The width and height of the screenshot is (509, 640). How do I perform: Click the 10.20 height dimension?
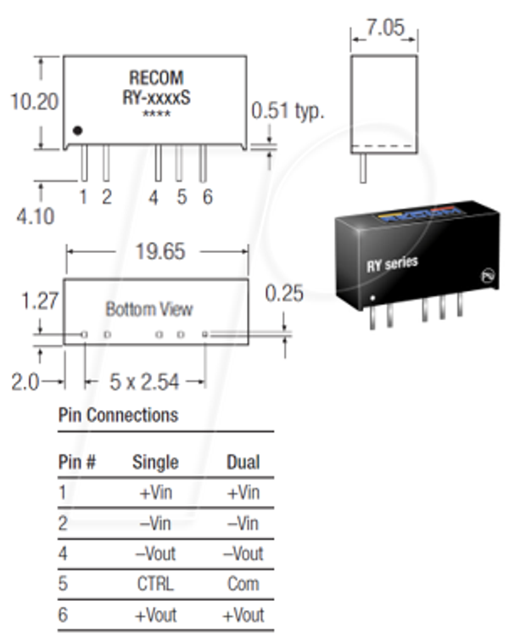pyautogui.click(x=34, y=101)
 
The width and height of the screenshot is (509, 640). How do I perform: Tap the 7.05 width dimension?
pyautogui.click(x=385, y=27)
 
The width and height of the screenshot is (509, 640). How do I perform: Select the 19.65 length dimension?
pyautogui.click(x=160, y=251)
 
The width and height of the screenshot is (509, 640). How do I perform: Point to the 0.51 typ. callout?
pyautogui.click(x=288, y=110)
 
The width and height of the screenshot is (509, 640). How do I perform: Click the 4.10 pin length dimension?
pyautogui.click(x=36, y=216)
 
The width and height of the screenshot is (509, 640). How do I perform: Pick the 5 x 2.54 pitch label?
pyautogui.click(x=144, y=382)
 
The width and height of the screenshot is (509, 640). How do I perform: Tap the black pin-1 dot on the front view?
pyautogui.click(x=77, y=130)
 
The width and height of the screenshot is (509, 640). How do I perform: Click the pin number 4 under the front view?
pyautogui.click(x=154, y=198)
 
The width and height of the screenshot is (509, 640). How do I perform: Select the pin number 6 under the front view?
pyautogui.click(x=208, y=197)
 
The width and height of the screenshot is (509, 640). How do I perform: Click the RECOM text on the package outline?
pyautogui.click(x=156, y=77)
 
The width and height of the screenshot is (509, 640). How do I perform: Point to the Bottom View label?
pyautogui.click(x=149, y=309)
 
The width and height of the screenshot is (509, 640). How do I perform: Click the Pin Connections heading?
pyautogui.click(x=118, y=415)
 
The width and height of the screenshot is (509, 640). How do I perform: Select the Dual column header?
pyautogui.click(x=243, y=462)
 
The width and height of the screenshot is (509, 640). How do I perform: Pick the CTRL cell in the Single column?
pyautogui.click(x=155, y=584)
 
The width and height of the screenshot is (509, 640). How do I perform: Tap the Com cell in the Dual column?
pyautogui.click(x=243, y=584)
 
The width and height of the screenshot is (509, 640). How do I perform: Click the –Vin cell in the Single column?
pyautogui.click(x=155, y=523)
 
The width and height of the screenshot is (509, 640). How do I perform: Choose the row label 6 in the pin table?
pyautogui.click(x=63, y=615)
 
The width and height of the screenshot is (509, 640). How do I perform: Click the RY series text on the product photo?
pyautogui.click(x=392, y=264)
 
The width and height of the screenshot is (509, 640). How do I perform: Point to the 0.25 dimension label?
pyautogui.click(x=284, y=293)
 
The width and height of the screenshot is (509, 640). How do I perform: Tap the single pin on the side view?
pyautogui.click(x=363, y=168)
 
